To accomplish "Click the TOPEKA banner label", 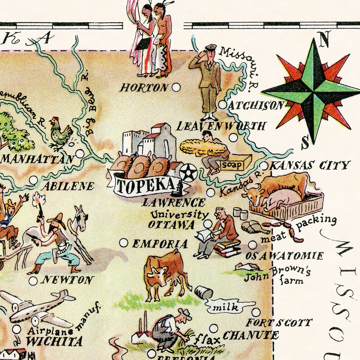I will (x=145, y=185).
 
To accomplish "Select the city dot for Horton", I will (x=176, y=87).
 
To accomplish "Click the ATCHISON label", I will (x=256, y=106).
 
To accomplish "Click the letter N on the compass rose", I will (x=324, y=41).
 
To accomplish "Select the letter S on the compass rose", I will (x=306, y=143).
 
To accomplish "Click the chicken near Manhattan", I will (x=61, y=133).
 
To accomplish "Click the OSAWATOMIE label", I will (x=285, y=256).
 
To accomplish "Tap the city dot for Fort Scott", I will (x=256, y=312).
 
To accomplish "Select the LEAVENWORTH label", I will (x=221, y=126).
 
